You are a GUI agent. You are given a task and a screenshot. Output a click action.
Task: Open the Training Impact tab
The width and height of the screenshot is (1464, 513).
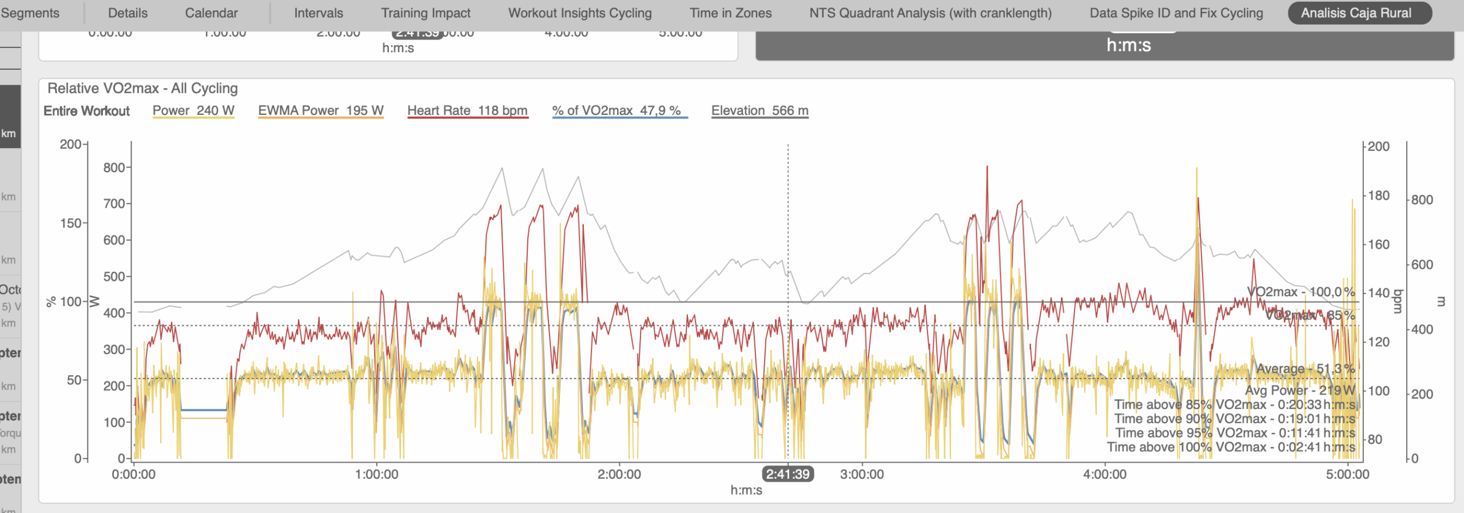click(x=425, y=13)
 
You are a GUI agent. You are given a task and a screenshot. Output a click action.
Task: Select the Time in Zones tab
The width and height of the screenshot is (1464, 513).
click(x=730, y=13)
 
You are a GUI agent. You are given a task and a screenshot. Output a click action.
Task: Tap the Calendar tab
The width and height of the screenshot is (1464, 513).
click(x=211, y=13)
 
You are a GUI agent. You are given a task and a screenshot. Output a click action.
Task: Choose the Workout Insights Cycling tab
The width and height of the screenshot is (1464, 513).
click(x=580, y=13)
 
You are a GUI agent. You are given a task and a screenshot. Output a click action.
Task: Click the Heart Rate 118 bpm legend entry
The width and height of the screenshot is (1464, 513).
click(x=467, y=110)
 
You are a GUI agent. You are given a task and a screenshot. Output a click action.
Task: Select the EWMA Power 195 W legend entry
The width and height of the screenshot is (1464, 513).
click(x=320, y=110)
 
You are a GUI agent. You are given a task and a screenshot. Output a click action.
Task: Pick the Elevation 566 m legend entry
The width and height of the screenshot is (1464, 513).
click(x=759, y=110)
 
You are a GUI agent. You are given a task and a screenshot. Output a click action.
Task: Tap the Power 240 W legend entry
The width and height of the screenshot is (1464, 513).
click(x=193, y=110)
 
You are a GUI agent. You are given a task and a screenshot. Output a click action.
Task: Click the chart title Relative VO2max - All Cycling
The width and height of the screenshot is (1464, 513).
click(x=142, y=88)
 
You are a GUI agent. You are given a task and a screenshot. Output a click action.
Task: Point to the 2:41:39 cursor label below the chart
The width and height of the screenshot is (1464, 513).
click(x=787, y=474)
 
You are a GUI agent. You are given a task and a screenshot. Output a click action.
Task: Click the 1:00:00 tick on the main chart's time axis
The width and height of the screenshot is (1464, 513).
click(x=376, y=474)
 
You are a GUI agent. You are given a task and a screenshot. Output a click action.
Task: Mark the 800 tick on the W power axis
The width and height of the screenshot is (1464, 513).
click(x=114, y=168)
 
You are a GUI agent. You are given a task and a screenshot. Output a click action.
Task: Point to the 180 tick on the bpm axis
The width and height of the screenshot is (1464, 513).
click(x=1378, y=196)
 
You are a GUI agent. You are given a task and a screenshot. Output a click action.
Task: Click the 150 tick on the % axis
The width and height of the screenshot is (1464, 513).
click(x=71, y=223)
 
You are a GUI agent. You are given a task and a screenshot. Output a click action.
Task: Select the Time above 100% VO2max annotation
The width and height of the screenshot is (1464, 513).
click(x=1231, y=447)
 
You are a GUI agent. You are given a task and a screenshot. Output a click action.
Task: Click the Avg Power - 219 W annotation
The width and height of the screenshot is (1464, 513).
click(x=1300, y=391)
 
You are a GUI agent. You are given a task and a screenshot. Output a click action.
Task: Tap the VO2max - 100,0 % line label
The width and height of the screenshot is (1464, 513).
click(x=1300, y=292)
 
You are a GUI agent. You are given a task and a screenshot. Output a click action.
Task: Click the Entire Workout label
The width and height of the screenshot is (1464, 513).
click(x=86, y=111)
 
